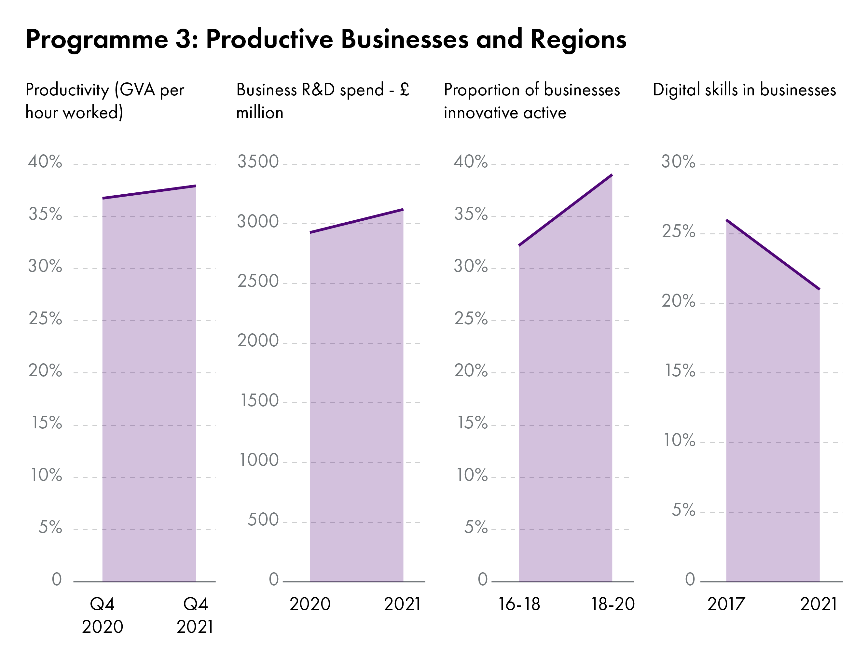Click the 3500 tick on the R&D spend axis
(x=258, y=162)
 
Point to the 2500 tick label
(x=258, y=281)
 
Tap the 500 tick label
(x=263, y=519)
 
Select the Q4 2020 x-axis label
(x=103, y=615)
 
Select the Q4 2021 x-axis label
(x=195, y=615)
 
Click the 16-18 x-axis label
(x=519, y=604)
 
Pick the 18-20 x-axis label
(x=613, y=604)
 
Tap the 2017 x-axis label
(x=726, y=604)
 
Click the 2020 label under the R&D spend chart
(x=310, y=604)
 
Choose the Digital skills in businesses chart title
(x=744, y=90)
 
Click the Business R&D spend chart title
(x=323, y=101)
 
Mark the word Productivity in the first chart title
(x=67, y=90)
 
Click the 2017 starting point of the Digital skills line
(x=727, y=221)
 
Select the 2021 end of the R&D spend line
(x=403, y=210)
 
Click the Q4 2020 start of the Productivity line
(x=103, y=198)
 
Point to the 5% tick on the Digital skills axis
(x=683, y=510)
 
